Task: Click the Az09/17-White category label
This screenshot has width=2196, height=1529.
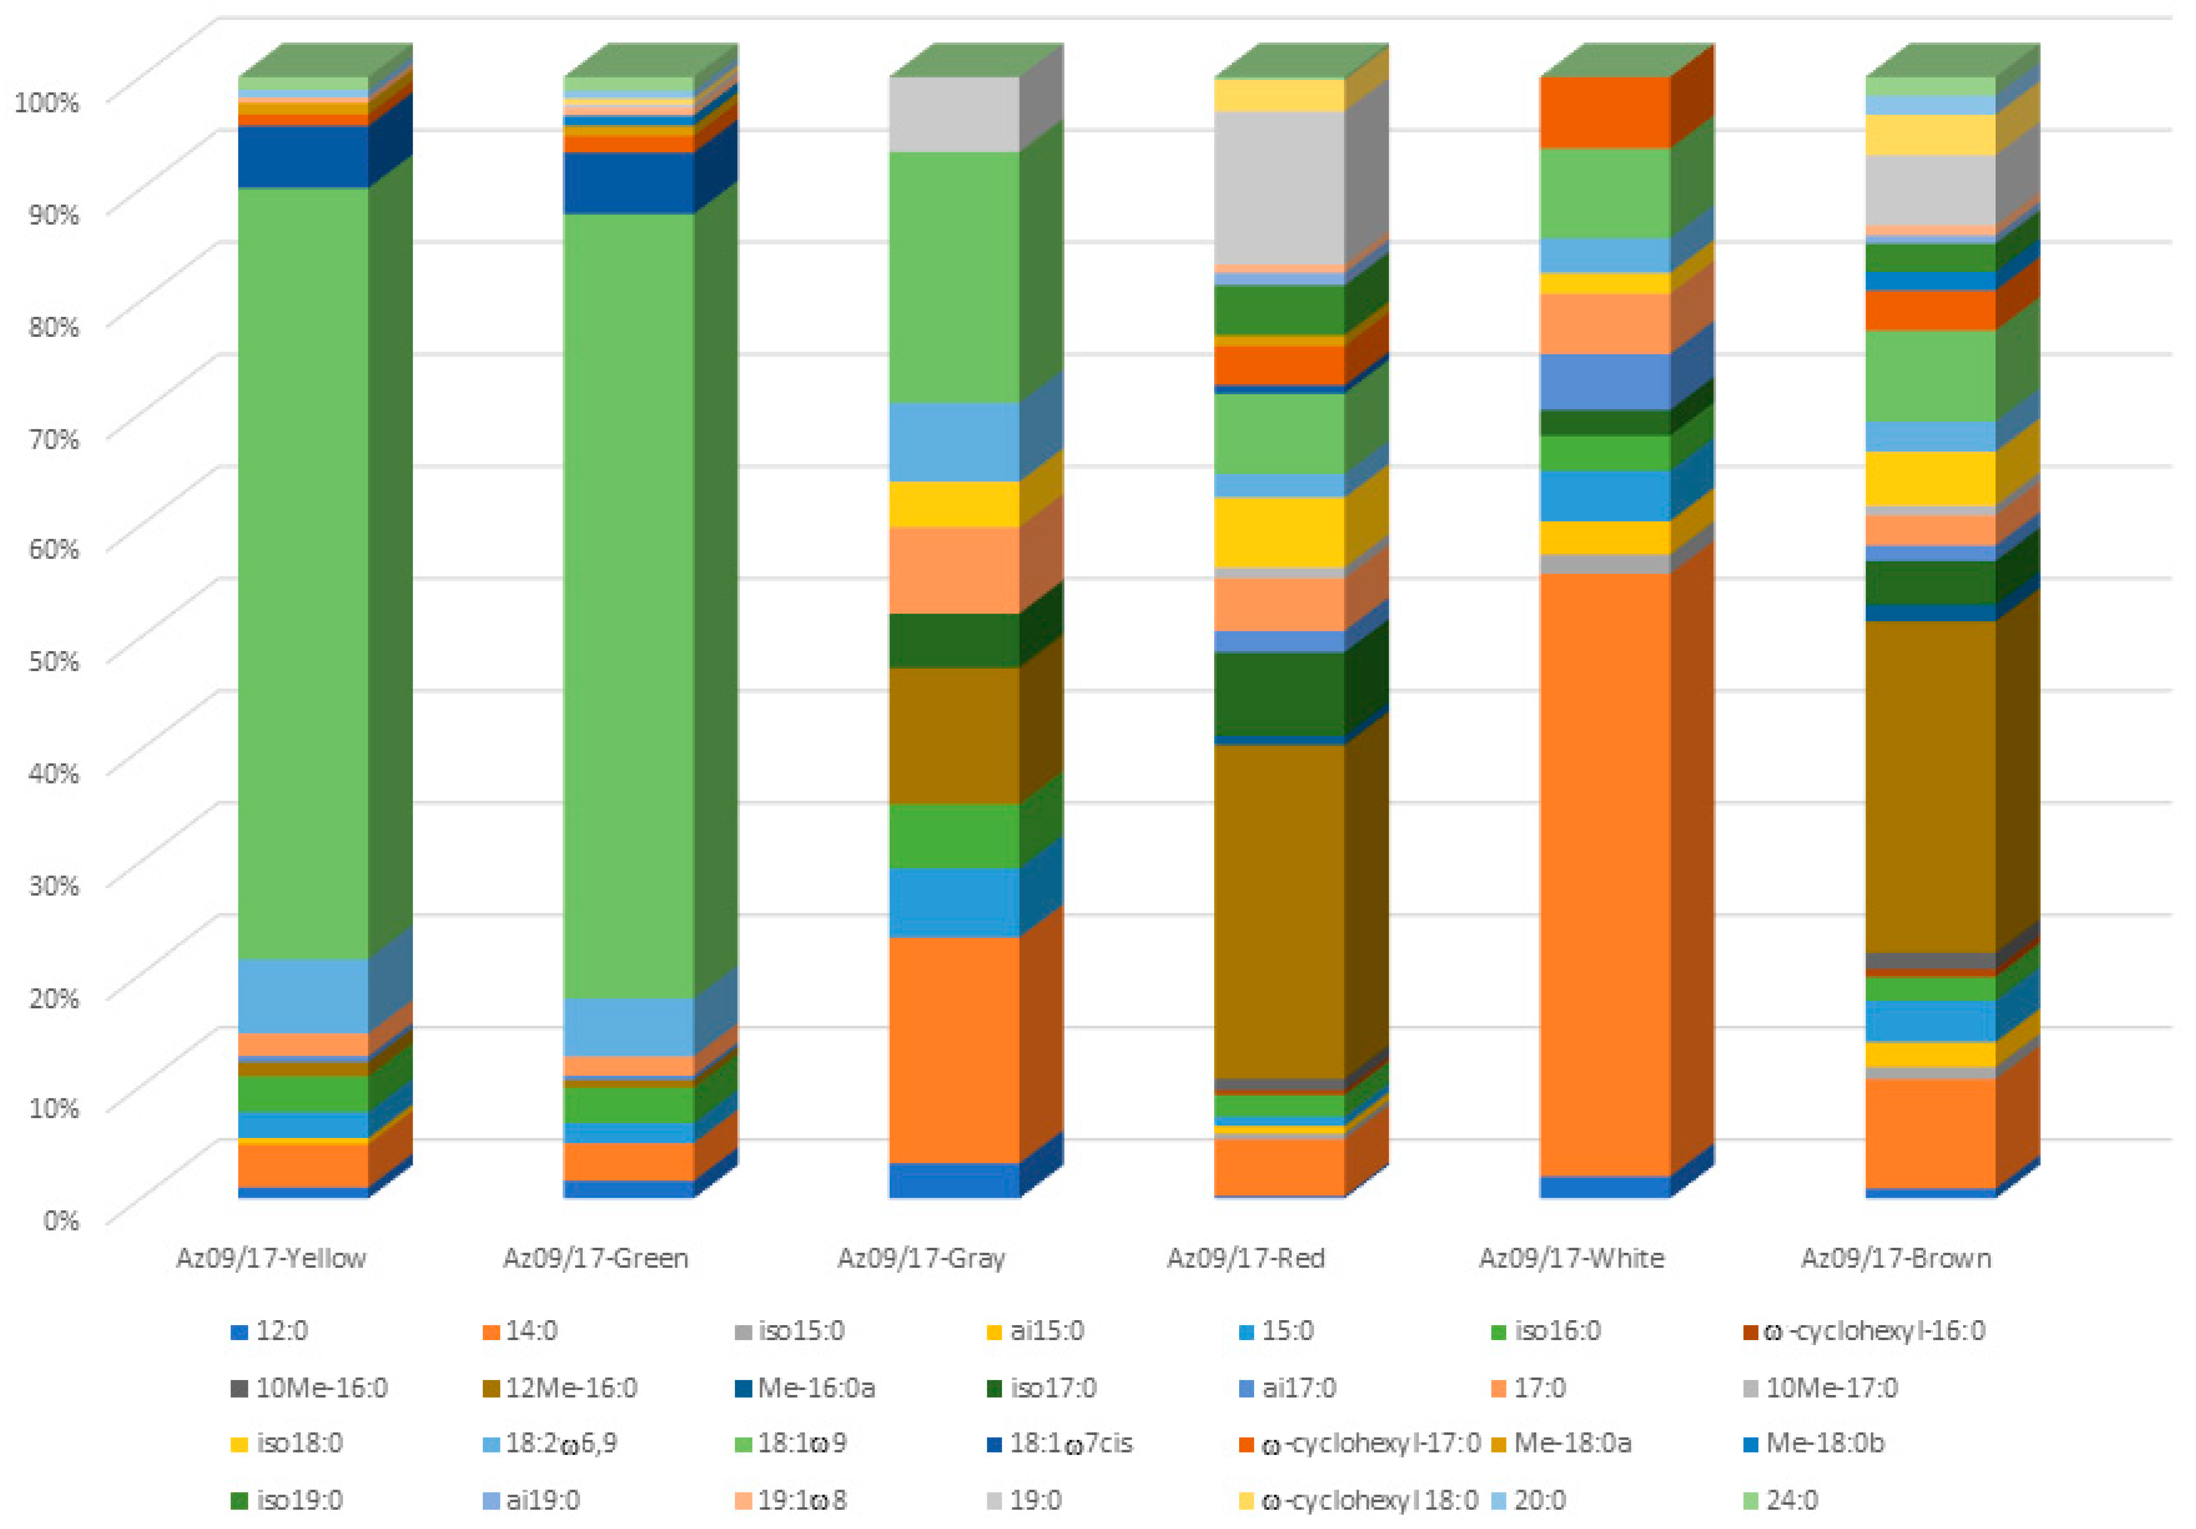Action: click(1571, 1258)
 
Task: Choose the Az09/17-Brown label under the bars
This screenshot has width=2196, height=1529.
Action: click(1897, 1258)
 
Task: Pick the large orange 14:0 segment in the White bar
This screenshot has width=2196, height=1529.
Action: click(1605, 875)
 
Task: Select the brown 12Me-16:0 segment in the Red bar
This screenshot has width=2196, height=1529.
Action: click(1280, 911)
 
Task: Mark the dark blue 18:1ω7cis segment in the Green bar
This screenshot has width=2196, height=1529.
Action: click(629, 183)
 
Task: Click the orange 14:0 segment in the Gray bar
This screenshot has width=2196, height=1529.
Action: click(954, 1050)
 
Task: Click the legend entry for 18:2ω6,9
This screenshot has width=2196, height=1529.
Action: click(550, 1443)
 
